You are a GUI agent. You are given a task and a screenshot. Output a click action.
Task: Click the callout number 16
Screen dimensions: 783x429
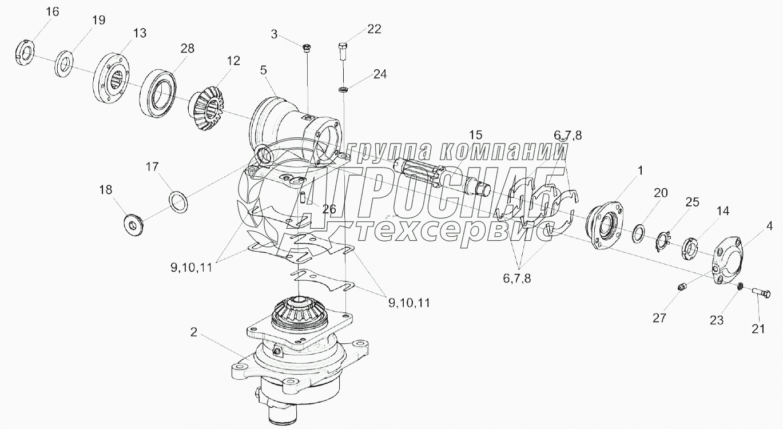53,12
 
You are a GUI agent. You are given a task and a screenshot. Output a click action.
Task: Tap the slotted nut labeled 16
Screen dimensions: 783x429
25,53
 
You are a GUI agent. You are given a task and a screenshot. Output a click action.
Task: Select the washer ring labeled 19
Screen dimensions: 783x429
64,64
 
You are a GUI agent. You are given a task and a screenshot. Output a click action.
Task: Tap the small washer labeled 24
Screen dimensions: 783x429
343,90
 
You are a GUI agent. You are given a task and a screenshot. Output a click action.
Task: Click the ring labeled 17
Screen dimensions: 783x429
178,201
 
